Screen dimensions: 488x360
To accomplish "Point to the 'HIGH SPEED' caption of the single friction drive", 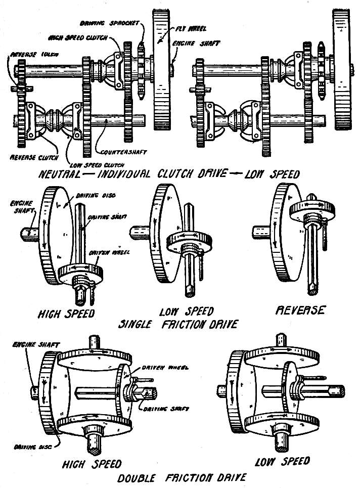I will click(x=66, y=314).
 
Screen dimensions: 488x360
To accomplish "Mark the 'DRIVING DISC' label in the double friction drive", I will click(x=29, y=447).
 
